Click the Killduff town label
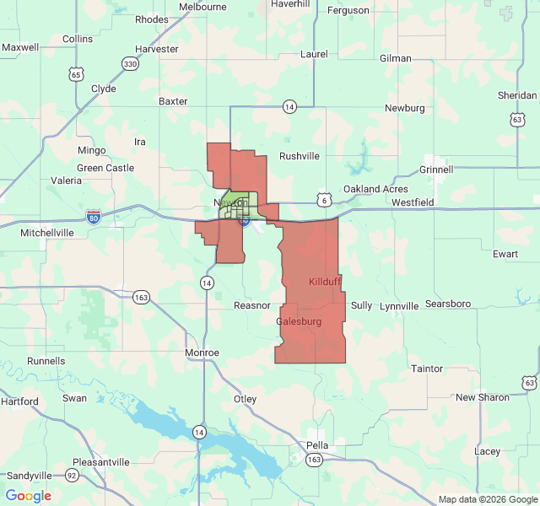(326, 281)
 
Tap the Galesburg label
(299, 321)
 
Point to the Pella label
(317, 444)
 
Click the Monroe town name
(202, 353)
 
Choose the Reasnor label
(252, 305)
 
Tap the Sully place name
(361, 305)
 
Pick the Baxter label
(173, 101)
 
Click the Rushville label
(300, 156)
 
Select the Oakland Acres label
(375, 189)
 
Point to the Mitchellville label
(48, 232)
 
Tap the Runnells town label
(46, 361)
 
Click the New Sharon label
(483, 397)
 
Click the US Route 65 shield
(77, 75)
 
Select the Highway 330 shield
(129, 64)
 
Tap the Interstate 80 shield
(94, 217)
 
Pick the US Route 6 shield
(324, 200)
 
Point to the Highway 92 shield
(73, 476)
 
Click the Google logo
(29, 496)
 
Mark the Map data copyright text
(488, 499)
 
